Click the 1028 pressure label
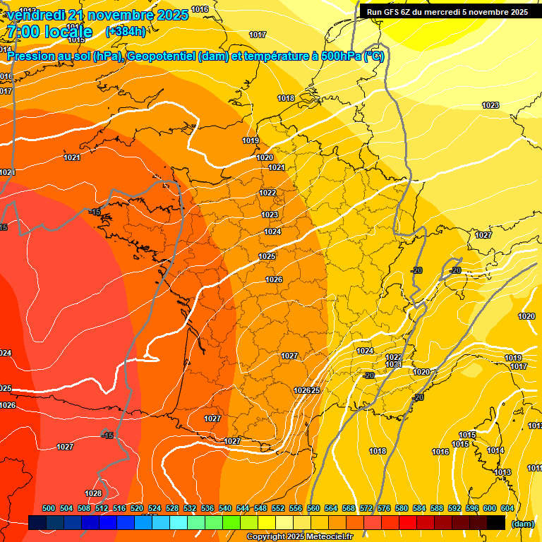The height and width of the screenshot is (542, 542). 92,493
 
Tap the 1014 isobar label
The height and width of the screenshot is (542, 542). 495,450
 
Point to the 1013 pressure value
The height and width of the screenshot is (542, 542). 502,472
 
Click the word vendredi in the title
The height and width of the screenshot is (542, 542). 35,15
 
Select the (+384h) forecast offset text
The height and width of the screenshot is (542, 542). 126,31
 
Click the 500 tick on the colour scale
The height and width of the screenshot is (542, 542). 49,508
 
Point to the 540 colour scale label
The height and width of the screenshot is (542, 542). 225,508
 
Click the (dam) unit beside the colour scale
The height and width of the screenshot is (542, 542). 522,524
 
